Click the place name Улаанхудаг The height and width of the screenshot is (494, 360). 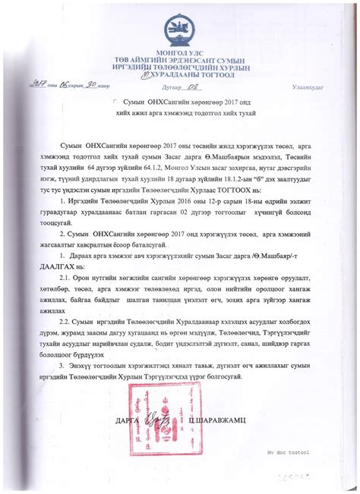[x=308, y=88]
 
